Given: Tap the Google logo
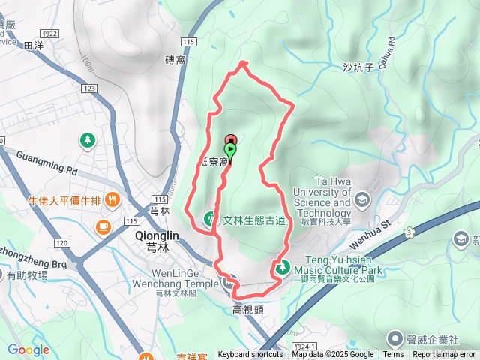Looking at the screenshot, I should point(28,349).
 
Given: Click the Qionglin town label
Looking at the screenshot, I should point(156,235).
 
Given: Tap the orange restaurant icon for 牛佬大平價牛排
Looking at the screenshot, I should point(112,199).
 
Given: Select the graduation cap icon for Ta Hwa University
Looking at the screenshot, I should point(363,199).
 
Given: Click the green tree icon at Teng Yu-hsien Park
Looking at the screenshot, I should point(283,265).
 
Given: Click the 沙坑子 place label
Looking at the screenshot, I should point(358,67).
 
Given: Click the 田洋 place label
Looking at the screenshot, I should point(34,46).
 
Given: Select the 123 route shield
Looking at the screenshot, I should point(90,88).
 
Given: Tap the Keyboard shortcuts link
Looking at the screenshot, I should point(250,355).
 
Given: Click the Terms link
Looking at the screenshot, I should point(393,355).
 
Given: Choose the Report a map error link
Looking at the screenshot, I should point(445,355).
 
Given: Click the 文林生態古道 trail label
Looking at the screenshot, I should point(254,220).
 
